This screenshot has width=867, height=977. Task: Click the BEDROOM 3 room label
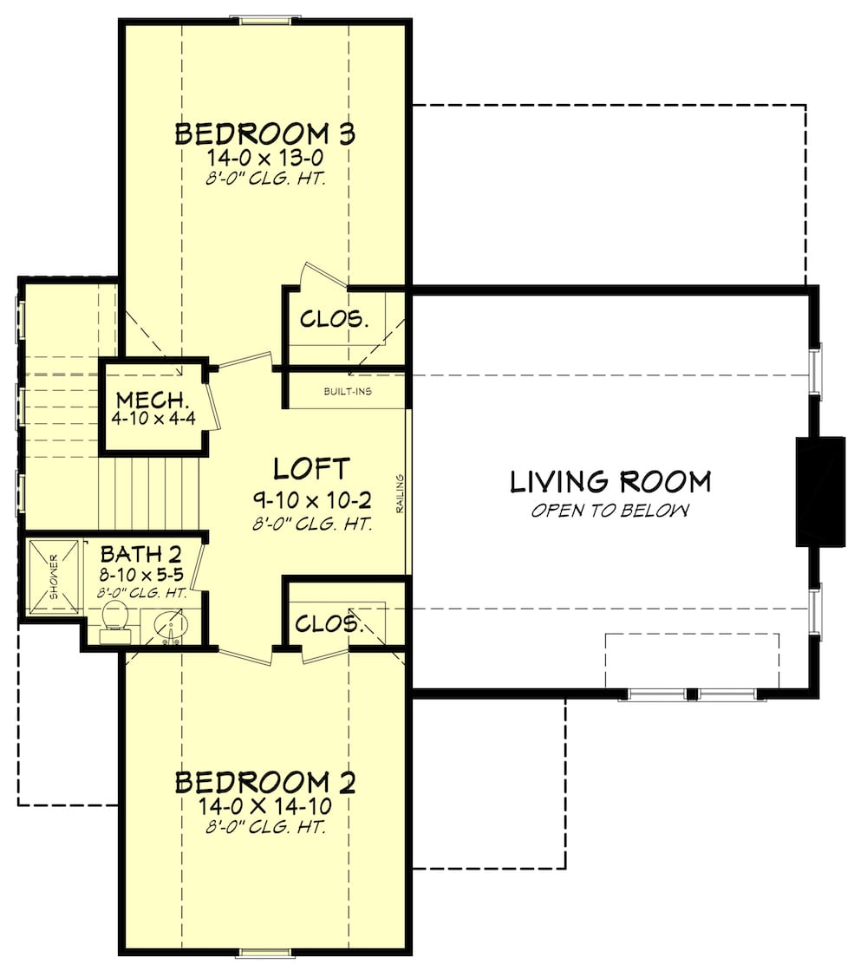(265, 134)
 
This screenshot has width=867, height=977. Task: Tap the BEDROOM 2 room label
(265, 783)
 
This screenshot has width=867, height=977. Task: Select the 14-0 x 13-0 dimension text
(265, 159)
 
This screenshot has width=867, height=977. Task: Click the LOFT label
(311, 469)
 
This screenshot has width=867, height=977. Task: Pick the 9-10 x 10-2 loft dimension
(311, 500)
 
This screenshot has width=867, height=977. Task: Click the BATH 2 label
(140, 554)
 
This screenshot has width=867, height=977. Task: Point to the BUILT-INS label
(348, 392)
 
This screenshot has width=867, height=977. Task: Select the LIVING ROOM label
(610, 481)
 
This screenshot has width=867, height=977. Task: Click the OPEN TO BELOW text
(610, 511)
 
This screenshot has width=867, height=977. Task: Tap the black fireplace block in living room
(820, 492)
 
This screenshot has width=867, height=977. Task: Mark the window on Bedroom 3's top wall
(264, 20)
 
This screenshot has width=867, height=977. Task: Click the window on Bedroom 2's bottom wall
(264, 954)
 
